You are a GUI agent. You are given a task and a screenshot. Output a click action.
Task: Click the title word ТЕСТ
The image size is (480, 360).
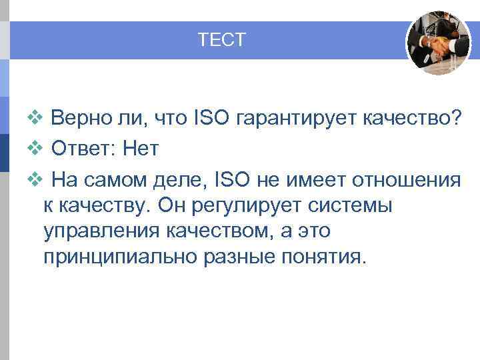coord(221,41)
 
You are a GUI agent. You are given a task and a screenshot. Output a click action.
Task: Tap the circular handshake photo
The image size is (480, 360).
coord(438,43)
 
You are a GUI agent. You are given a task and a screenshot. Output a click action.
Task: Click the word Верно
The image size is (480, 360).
coord(81,119)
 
